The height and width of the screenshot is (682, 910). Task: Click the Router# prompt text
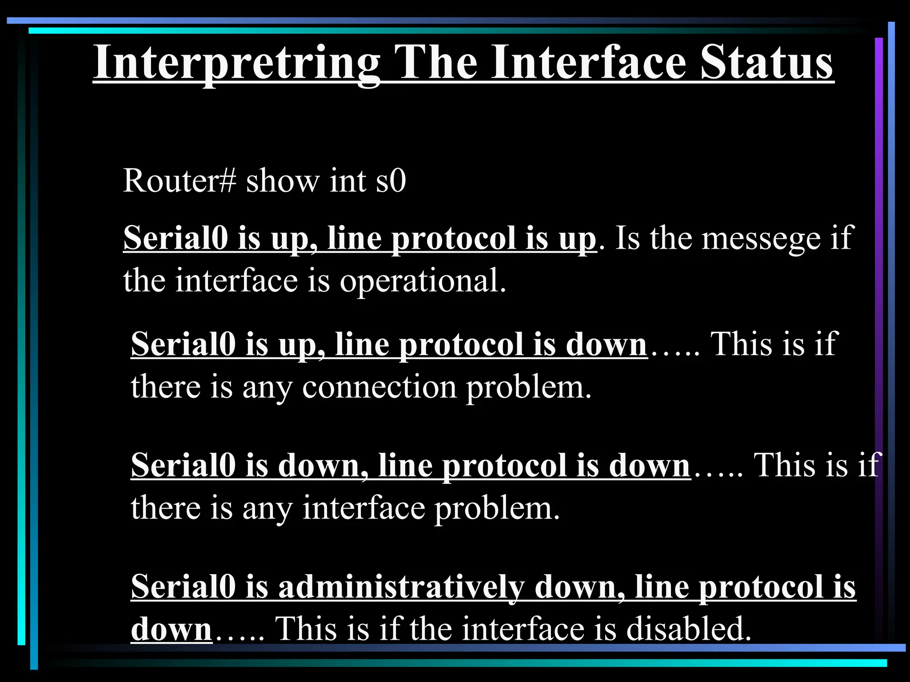point(179,181)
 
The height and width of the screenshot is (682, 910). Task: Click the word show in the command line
point(283,181)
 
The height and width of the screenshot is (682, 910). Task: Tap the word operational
point(423,281)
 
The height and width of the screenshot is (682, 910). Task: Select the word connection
point(379,386)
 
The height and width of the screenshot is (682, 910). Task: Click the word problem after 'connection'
point(529,386)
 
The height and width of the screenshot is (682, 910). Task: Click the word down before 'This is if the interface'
point(171,629)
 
